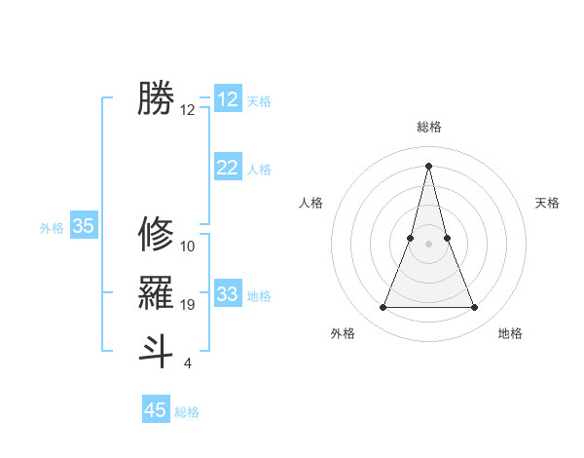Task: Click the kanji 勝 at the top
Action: tap(156, 98)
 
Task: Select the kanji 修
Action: tap(156, 234)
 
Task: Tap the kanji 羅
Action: tap(156, 292)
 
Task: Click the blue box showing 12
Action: tap(228, 99)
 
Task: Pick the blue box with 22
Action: tap(228, 168)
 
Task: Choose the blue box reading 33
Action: tap(228, 294)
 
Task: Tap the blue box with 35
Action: tap(84, 226)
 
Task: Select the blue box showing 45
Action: tap(156, 410)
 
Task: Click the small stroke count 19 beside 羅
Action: tap(188, 306)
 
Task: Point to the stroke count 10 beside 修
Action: tap(188, 247)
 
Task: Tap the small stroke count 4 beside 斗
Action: tap(187, 363)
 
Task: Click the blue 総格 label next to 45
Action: tap(187, 412)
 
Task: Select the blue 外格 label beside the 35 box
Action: tap(52, 228)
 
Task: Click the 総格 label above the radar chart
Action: tap(429, 127)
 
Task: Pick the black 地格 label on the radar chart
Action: tap(510, 333)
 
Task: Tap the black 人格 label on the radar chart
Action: tap(310, 203)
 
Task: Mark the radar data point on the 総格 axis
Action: tap(429, 166)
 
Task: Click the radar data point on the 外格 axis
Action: tap(383, 308)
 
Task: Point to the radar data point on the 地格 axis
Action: tap(475, 308)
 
